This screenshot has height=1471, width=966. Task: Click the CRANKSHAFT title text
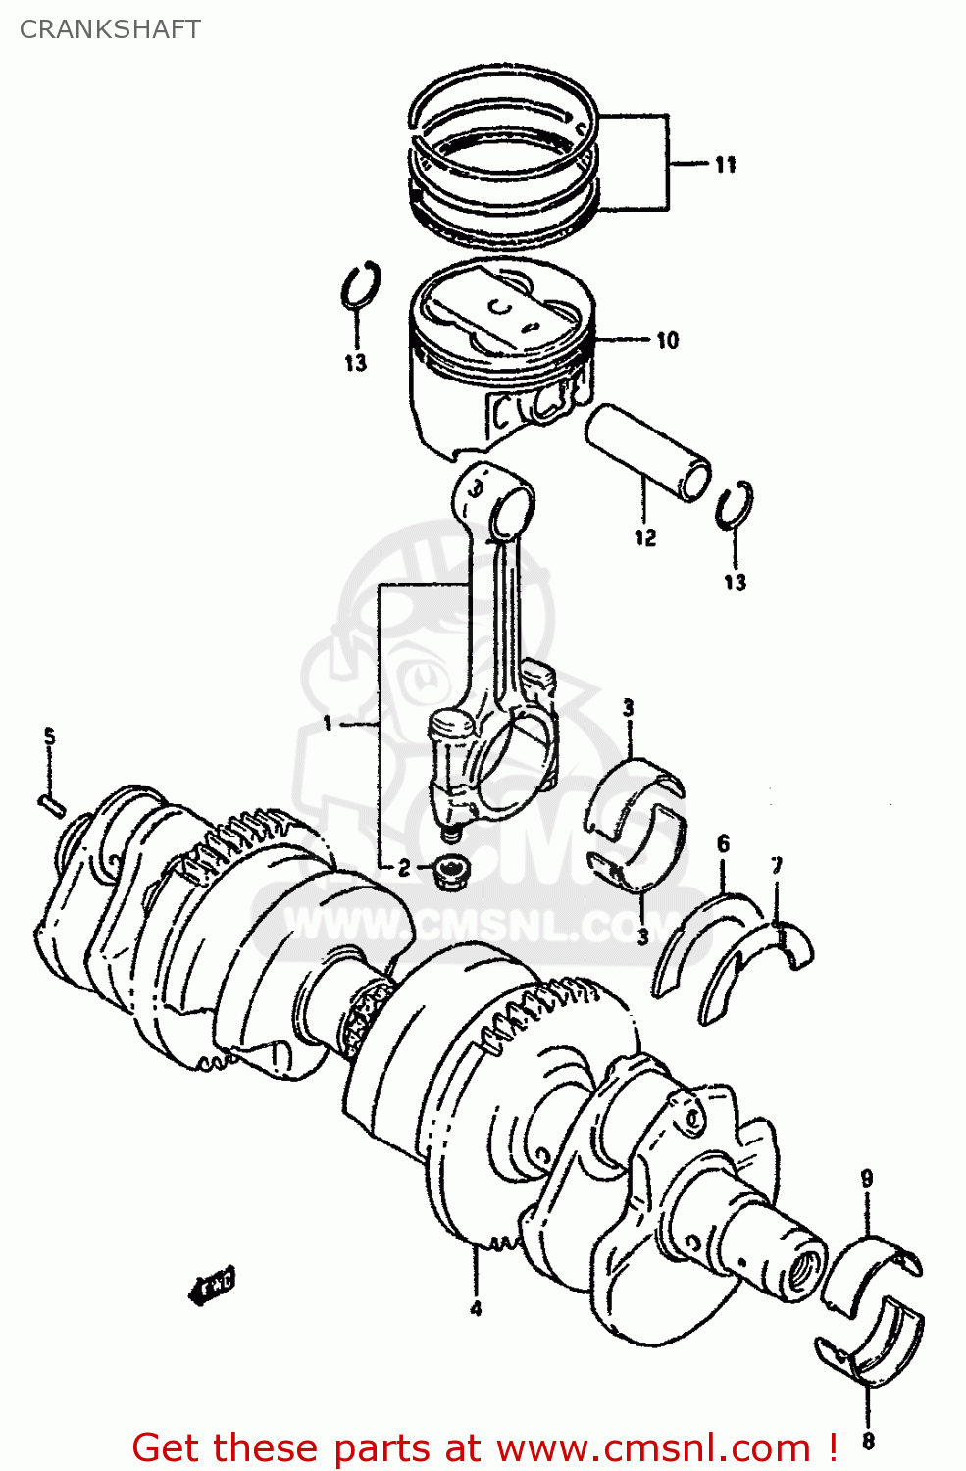[110, 29]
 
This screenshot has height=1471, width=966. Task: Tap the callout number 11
[725, 165]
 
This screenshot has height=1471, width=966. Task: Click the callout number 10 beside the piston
[667, 340]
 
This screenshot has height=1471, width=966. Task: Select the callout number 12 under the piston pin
[644, 537]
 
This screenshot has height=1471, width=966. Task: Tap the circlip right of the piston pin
[735, 504]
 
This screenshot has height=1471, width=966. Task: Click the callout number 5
[49, 736]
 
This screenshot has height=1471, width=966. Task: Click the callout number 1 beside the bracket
[329, 724]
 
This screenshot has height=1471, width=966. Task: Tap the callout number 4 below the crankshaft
[476, 1308]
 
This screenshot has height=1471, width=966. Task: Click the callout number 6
[723, 843]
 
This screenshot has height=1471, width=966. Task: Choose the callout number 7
[776, 866]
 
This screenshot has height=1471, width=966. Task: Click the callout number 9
[867, 1178]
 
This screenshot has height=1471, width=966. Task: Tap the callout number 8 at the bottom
[868, 1441]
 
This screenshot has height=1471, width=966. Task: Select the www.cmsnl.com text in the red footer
[652, 1447]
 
